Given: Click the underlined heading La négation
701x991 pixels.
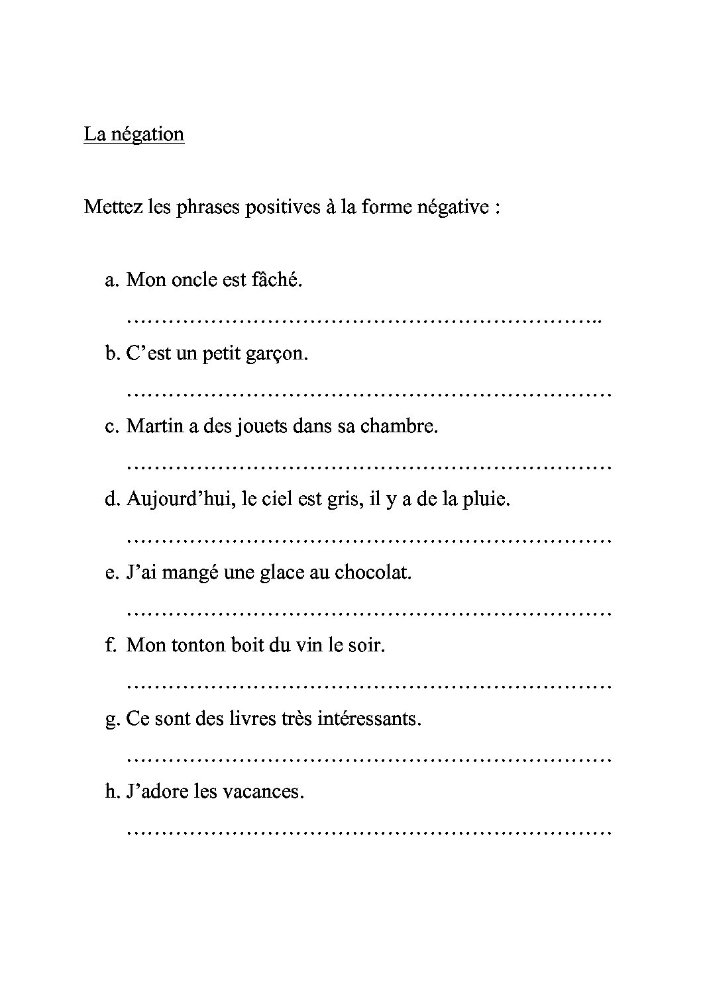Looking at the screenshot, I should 134,134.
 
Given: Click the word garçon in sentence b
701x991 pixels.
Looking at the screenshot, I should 279,354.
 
